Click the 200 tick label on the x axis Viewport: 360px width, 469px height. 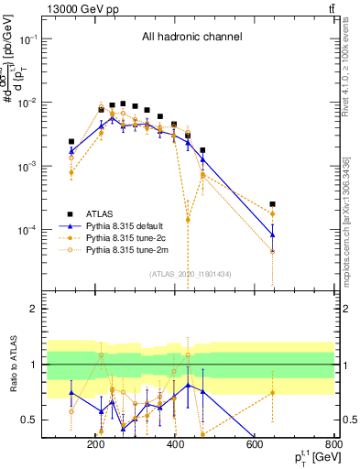(95, 444)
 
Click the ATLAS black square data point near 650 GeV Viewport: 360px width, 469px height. (272, 204)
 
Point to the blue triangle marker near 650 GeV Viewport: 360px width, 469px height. (272, 234)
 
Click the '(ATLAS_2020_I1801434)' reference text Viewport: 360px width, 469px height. (191, 274)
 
